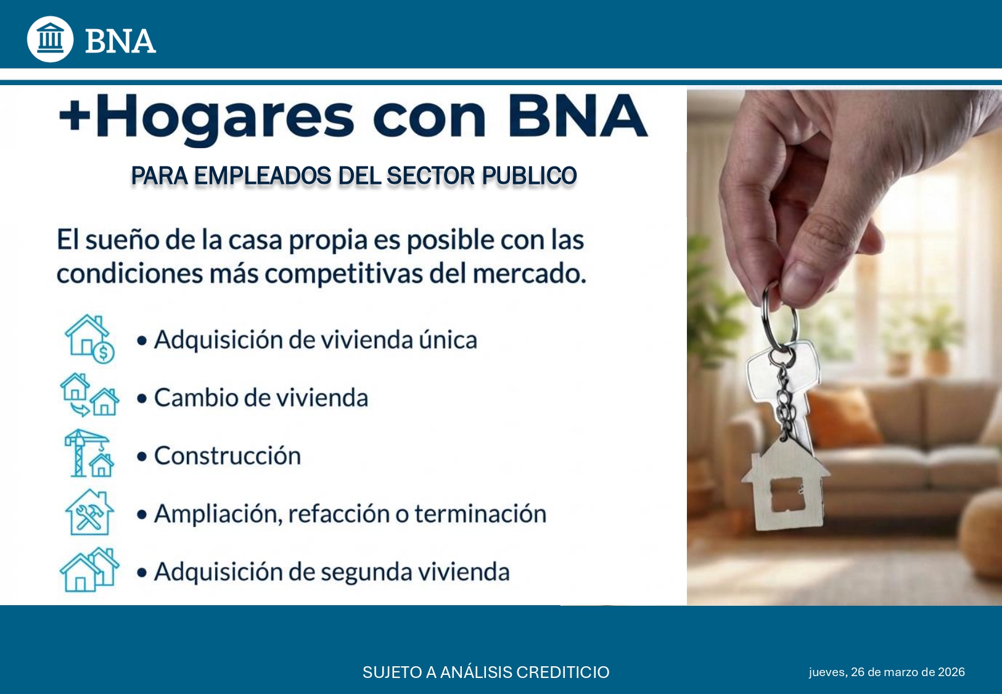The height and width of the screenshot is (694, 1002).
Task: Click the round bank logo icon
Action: (50, 39)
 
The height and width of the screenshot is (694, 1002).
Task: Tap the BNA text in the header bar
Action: (120, 41)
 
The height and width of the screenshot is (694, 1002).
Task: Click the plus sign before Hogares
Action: (75, 115)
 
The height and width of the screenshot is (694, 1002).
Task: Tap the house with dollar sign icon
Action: (90, 339)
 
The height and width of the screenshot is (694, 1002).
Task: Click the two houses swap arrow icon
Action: (89, 395)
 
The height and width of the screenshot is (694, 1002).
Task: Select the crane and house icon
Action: (89, 453)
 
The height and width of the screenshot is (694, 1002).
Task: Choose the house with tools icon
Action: (89, 512)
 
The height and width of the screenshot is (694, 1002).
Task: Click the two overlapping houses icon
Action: (89, 569)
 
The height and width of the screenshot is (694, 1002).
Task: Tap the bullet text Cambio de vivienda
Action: (261, 397)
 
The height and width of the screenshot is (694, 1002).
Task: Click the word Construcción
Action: (228, 455)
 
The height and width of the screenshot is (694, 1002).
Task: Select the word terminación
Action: (480, 514)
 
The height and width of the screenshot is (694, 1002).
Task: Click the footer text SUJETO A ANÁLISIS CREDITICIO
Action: (486, 672)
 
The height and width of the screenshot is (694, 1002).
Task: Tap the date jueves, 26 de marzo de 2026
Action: (887, 672)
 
